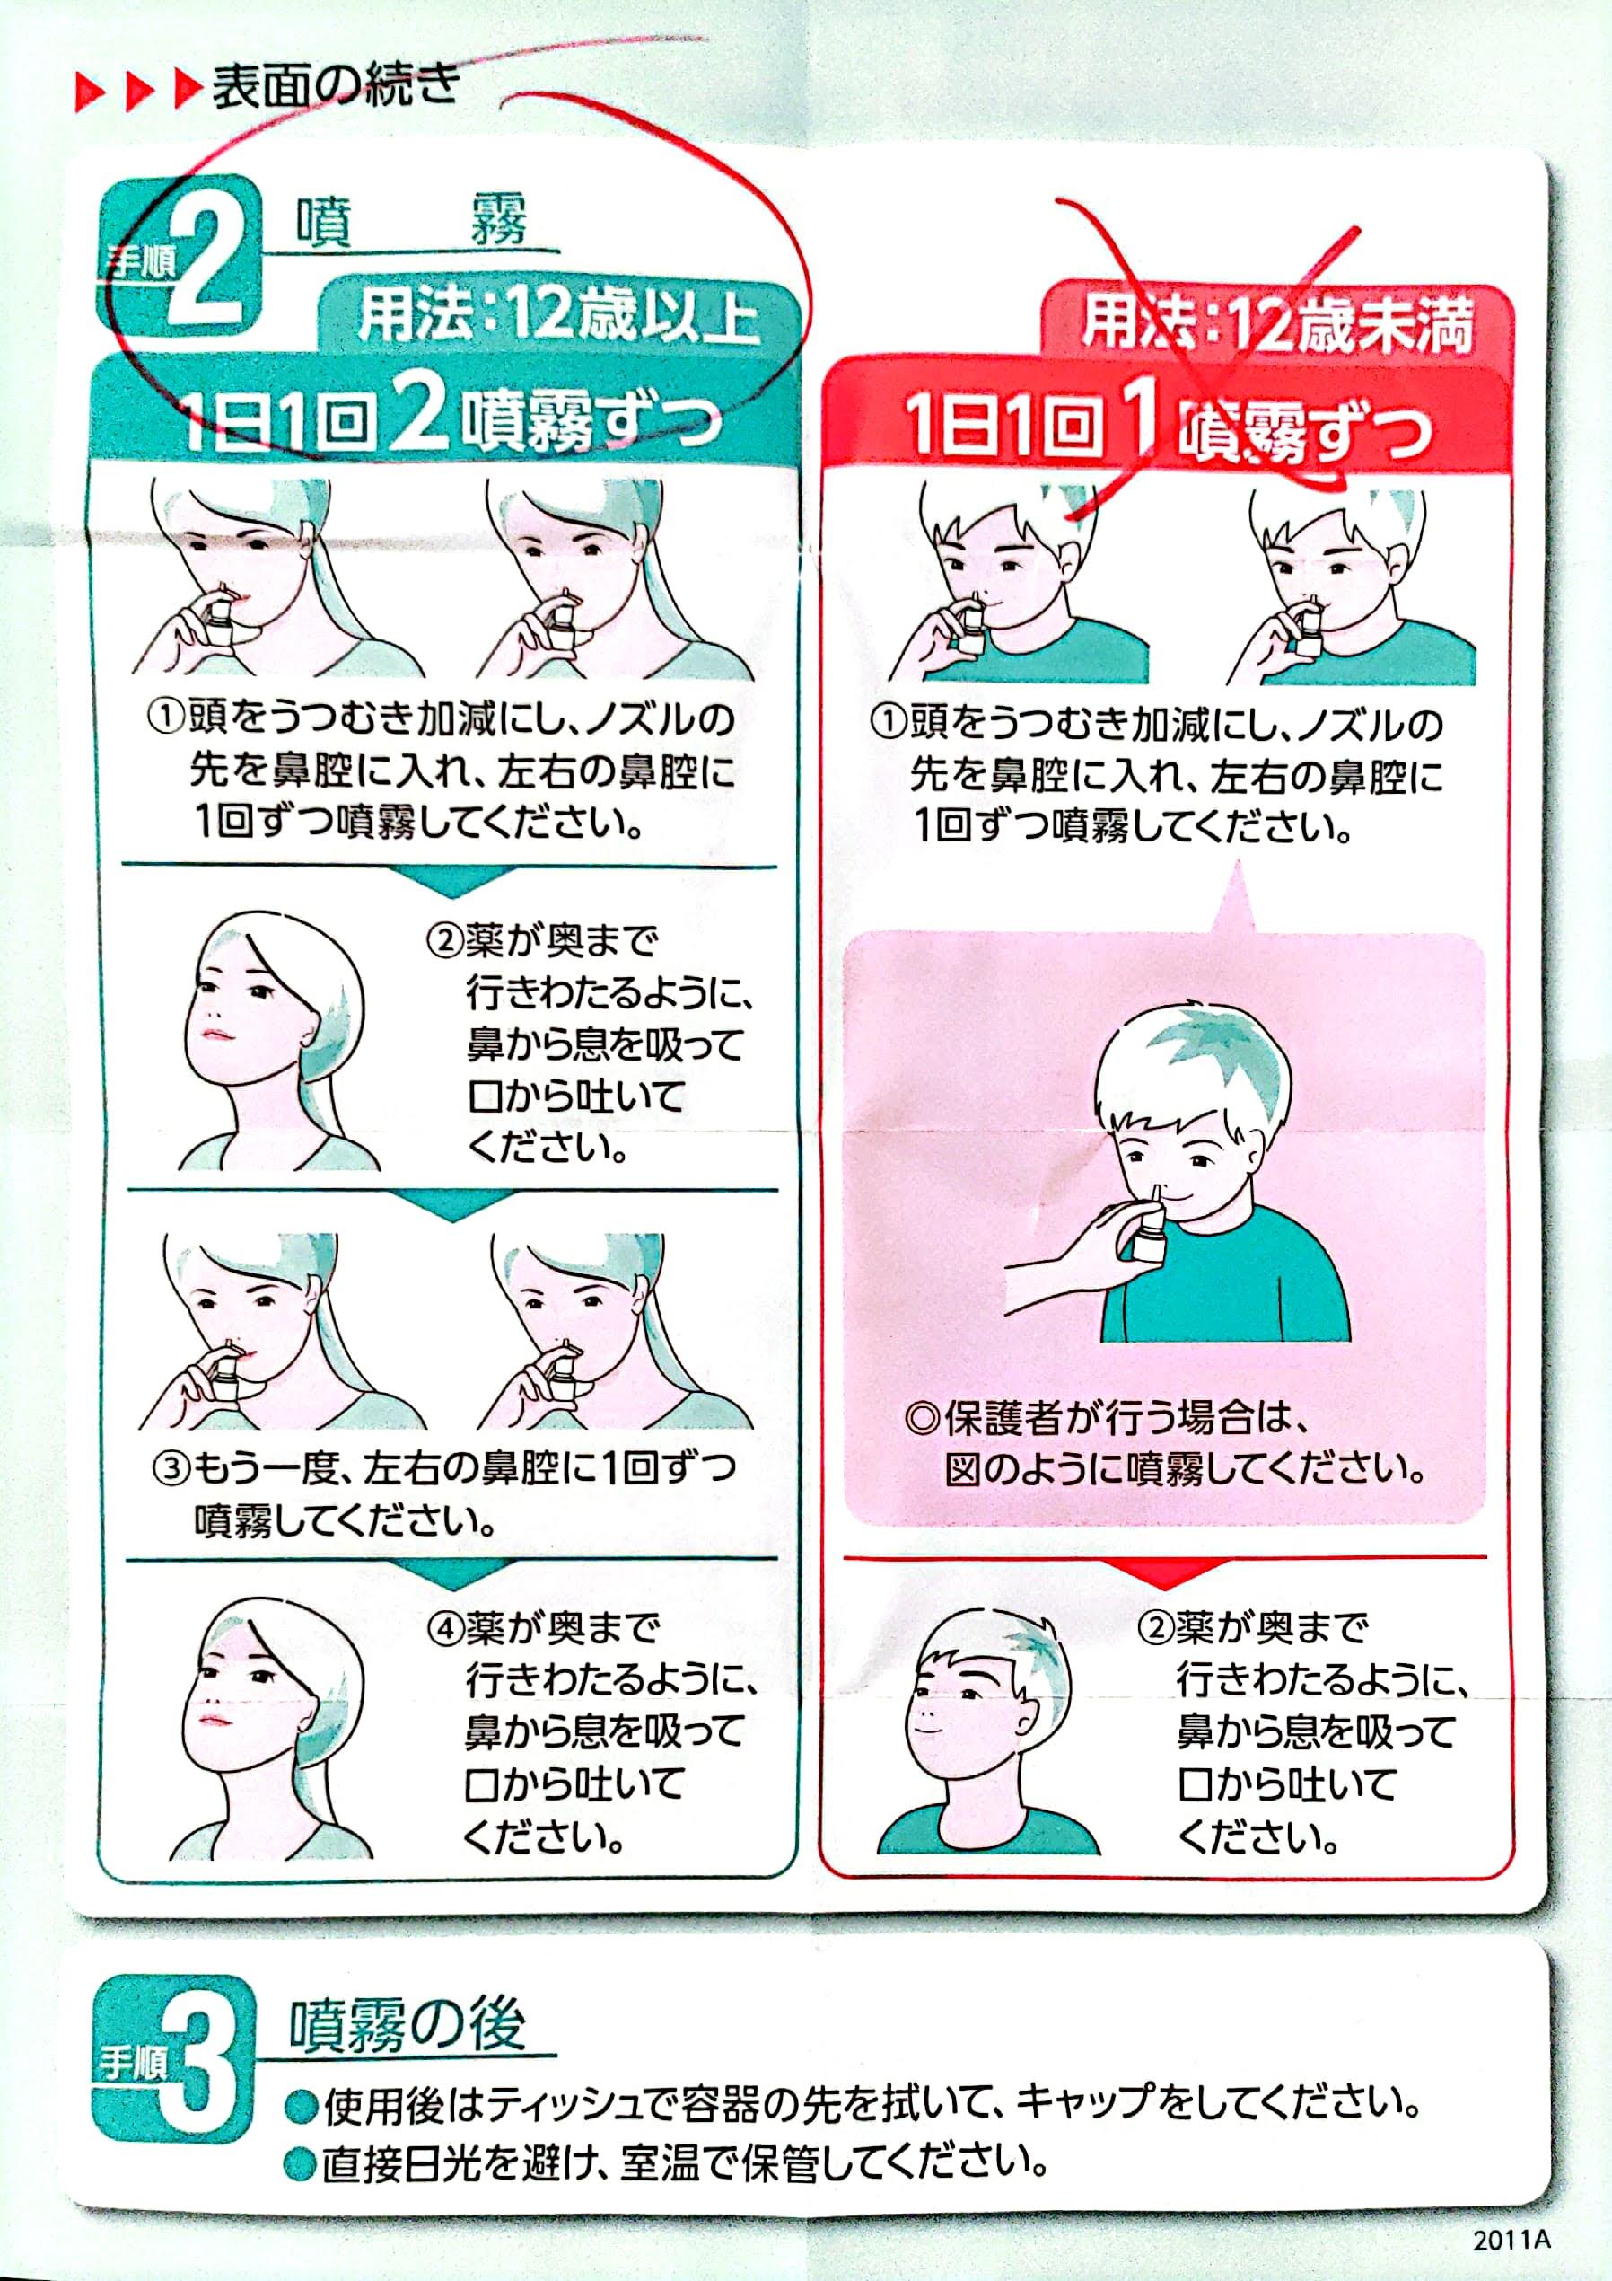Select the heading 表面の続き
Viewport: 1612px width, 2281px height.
[x=336, y=87]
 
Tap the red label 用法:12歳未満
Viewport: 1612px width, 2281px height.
[x=1276, y=324]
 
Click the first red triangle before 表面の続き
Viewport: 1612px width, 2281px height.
[x=92, y=92]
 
